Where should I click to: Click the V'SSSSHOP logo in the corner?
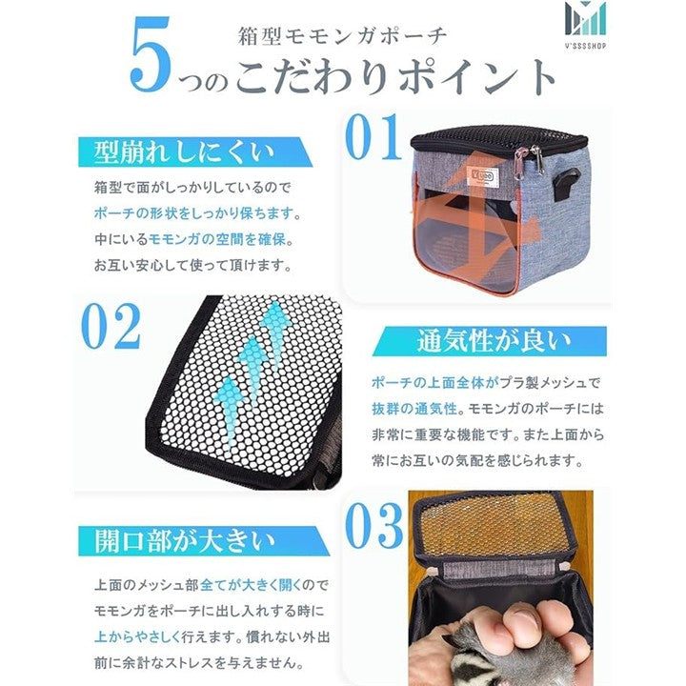pyautogui.click(x=585, y=25)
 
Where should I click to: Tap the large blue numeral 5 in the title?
pyautogui.click(x=150, y=54)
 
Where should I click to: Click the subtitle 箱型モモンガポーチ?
pyautogui.click(x=343, y=36)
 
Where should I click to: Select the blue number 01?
pyautogui.click(x=373, y=138)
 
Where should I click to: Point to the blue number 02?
pyautogui.click(x=111, y=326)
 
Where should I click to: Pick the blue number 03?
pyautogui.click(x=374, y=526)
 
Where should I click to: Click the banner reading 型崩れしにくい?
pyautogui.click(x=195, y=151)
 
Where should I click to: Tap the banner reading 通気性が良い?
pyautogui.click(x=489, y=341)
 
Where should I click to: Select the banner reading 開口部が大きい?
pyautogui.click(x=204, y=541)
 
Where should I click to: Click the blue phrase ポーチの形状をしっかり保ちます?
pyautogui.click(x=193, y=213)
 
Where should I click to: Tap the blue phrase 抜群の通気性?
pyautogui.click(x=414, y=409)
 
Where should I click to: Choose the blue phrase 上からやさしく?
pyautogui.click(x=137, y=636)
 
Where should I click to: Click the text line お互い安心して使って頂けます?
pyautogui.click(x=192, y=265)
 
